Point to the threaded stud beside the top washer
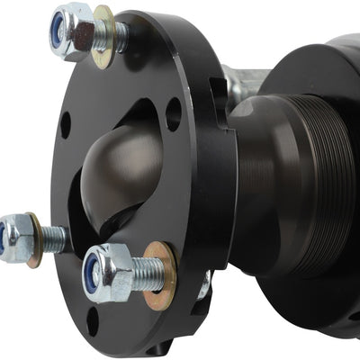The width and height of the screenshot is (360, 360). click(119, 36)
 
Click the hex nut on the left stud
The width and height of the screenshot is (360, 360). click(13, 239)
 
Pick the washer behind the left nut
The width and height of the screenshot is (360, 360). click(35, 239)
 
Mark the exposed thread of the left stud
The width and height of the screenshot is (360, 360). click(53, 239)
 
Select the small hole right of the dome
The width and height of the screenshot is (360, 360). click(174, 114)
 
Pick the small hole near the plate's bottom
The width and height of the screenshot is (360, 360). click(93, 320)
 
